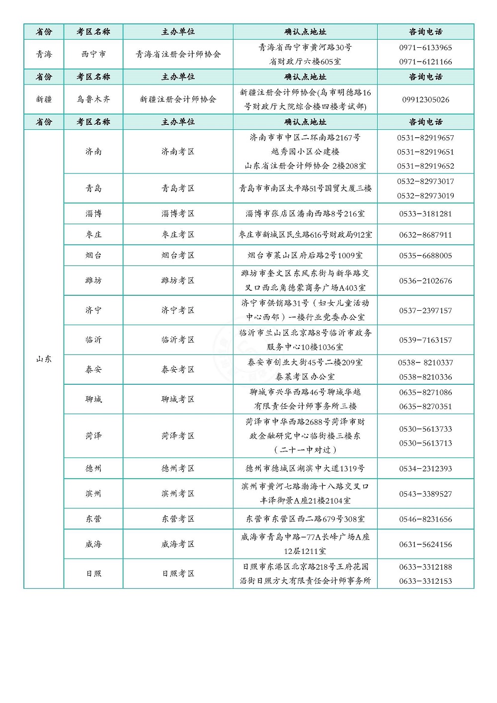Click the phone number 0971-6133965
(x=425, y=48)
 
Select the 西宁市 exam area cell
(x=93, y=54)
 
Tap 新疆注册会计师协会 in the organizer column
(x=178, y=99)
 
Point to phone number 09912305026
(x=425, y=99)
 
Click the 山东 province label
(x=44, y=359)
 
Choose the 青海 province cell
(x=44, y=54)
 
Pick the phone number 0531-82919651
(x=425, y=152)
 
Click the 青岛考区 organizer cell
(x=178, y=188)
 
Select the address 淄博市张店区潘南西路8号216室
(x=305, y=214)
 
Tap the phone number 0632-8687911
(x=425, y=235)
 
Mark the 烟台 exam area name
(x=93, y=256)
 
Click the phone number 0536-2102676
(x=425, y=281)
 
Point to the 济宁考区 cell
(x=178, y=310)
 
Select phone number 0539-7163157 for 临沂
(x=425, y=340)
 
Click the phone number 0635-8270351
(x=425, y=406)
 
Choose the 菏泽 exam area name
(x=93, y=436)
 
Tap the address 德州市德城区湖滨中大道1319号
(x=305, y=468)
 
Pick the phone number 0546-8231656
(x=425, y=519)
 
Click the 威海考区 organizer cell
(x=178, y=544)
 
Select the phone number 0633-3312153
(x=425, y=581)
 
